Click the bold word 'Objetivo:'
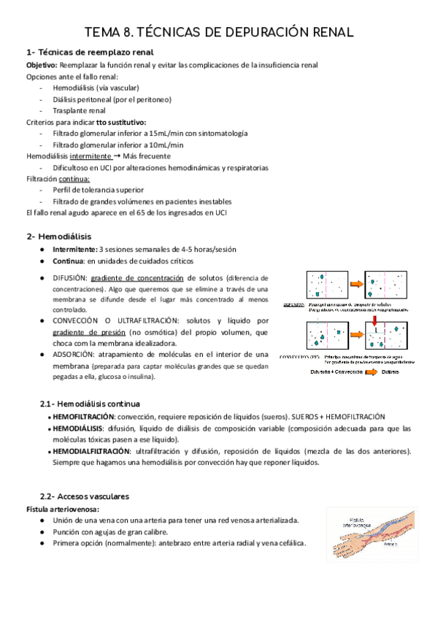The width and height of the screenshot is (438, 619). (x=42, y=65)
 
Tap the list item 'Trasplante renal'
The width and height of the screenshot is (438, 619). (x=79, y=110)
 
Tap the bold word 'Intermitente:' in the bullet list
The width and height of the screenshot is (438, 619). (x=74, y=249)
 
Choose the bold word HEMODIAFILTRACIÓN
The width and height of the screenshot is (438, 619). (x=89, y=451)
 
